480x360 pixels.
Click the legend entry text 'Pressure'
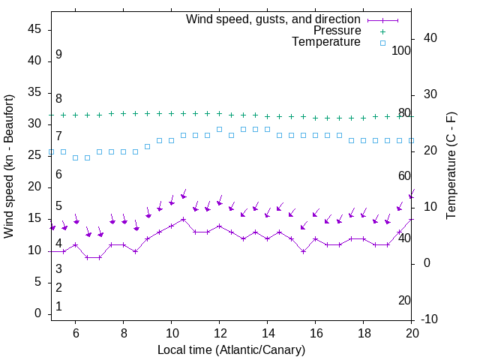coord(337,31)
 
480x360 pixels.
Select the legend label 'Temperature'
coord(326,43)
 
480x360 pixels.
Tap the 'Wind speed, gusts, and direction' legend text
coord(274,19)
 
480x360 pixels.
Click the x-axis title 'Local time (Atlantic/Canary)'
coord(231,349)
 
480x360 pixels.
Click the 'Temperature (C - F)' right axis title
coord(451,166)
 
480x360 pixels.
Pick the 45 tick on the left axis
coord(35,29)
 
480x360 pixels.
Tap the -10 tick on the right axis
coord(430,319)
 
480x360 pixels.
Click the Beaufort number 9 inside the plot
coord(58,55)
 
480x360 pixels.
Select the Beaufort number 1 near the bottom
coord(58,307)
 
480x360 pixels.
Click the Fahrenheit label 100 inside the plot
coord(401,50)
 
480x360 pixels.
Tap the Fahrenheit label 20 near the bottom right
coord(404,300)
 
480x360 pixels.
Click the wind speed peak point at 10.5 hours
coord(183,219)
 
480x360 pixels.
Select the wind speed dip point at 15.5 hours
coord(304,251)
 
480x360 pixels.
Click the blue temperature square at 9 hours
coord(147,146)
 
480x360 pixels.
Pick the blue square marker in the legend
coord(382,43)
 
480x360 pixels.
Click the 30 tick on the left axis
coord(35,124)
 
